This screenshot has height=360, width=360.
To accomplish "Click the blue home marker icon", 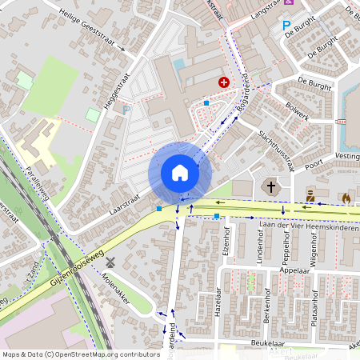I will tap(179, 173).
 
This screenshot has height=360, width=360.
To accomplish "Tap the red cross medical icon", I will tap(223, 82).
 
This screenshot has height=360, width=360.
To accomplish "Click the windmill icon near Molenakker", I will tap(110, 262).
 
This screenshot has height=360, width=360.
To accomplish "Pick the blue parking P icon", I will tap(286, 26).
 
